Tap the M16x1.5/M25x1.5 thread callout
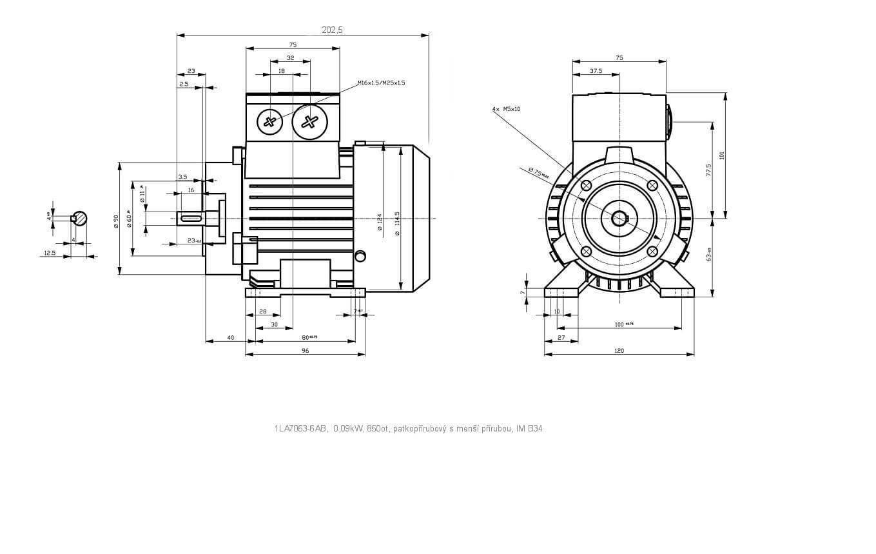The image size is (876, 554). pyautogui.click(x=382, y=83)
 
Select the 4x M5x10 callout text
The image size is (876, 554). pyautogui.click(x=506, y=109)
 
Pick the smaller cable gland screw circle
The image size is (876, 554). pyautogui.click(x=270, y=121)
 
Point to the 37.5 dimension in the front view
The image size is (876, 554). pyautogui.click(x=596, y=71)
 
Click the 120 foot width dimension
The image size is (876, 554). pyautogui.click(x=619, y=351)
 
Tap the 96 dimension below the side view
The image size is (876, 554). pyautogui.click(x=306, y=351)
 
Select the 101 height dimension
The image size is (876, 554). pyautogui.click(x=723, y=155)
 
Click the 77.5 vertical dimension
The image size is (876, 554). pyautogui.click(x=709, y=170)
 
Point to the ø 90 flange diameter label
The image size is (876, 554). pyautogui.click(x=116, y=219)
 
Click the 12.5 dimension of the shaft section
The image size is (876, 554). pyautogui.click(x=50, y=253)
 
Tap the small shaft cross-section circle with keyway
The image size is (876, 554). pyautogui.click(x=80, y=218)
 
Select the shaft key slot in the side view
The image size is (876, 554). pyautogui.click(x=191, y=219)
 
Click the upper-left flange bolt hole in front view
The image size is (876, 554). pyautogui.click(x=586, y=186)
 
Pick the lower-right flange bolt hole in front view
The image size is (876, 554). pyautogui.click(x=652, y=251)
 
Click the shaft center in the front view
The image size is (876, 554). pyautogui.click(x=619, y=219)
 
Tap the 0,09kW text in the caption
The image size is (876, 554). pyautogui.click(x=348, y=428)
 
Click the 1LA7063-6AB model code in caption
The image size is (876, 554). pyautogui.click(x=301, y=428)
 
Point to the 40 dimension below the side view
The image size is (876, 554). pyautogui.click(x=231, y=337)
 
